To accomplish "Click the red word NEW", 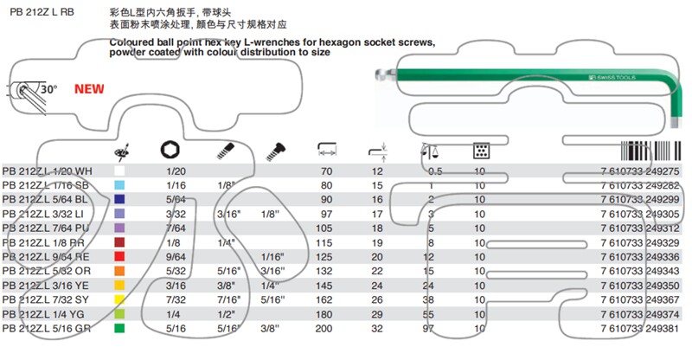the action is coord(89,88).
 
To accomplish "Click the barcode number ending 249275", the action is coord(638,172).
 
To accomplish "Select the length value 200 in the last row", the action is coord(326,328).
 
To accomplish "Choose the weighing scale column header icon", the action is coord(427,150).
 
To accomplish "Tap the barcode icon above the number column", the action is coord(649,149).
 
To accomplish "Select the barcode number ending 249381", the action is coord(638,328).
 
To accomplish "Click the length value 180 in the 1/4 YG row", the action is coord(326,313).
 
